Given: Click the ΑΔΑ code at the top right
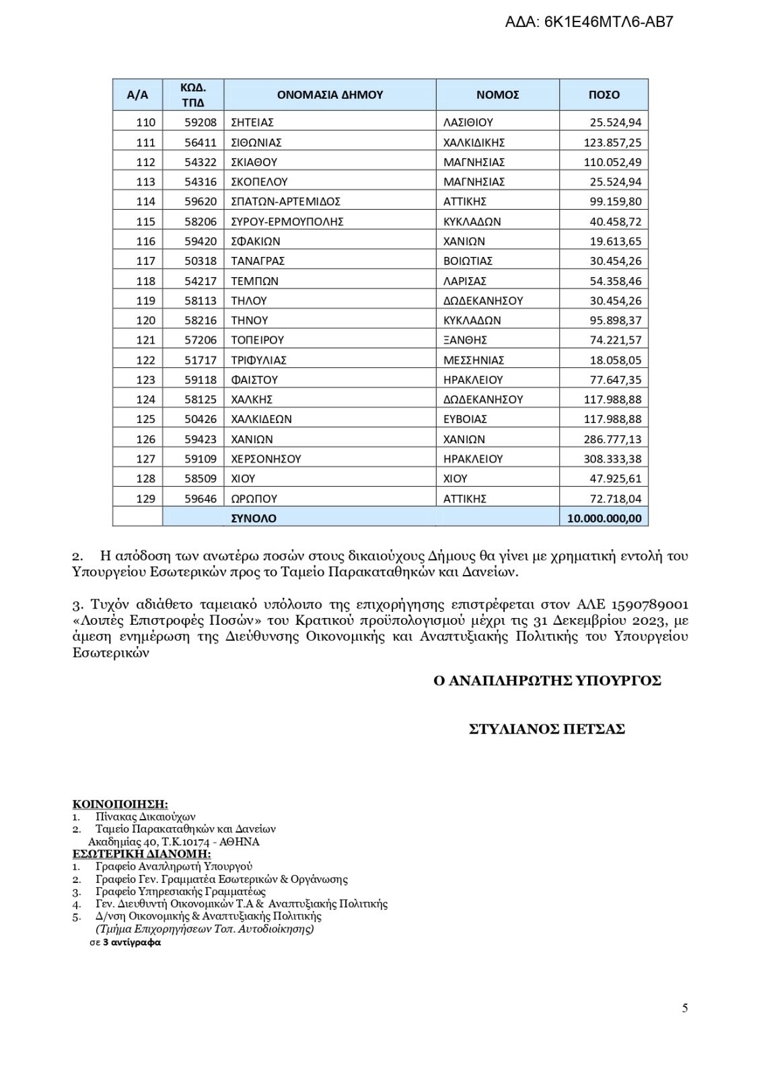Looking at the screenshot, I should click(589, 22).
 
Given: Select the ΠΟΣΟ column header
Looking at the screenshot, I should click(604, 95).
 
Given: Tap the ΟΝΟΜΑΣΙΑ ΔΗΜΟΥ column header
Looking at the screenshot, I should click(330, 95).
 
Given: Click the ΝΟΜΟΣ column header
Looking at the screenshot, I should click(497, 95).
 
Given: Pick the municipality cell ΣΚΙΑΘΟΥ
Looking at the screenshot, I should click(254, 162).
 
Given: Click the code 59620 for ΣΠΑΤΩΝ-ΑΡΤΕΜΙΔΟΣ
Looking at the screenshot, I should click(201, 201).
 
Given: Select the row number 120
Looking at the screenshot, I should click(145, 320).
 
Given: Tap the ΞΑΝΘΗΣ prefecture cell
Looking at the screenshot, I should click(465, 340).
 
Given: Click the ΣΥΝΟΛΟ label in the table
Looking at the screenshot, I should click(254, 518).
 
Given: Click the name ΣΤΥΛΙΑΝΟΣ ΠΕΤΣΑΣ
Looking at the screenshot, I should click(546, 729).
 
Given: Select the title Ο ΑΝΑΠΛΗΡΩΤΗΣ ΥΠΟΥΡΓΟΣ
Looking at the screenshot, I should click(547, 681).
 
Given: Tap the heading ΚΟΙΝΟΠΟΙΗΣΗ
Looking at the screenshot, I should click(120, 804).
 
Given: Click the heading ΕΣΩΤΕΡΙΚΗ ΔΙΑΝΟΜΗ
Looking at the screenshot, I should click(141, 854).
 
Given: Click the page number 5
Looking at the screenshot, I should click(685, 1008).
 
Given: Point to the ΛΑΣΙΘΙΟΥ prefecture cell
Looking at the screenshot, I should click(468, 122).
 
